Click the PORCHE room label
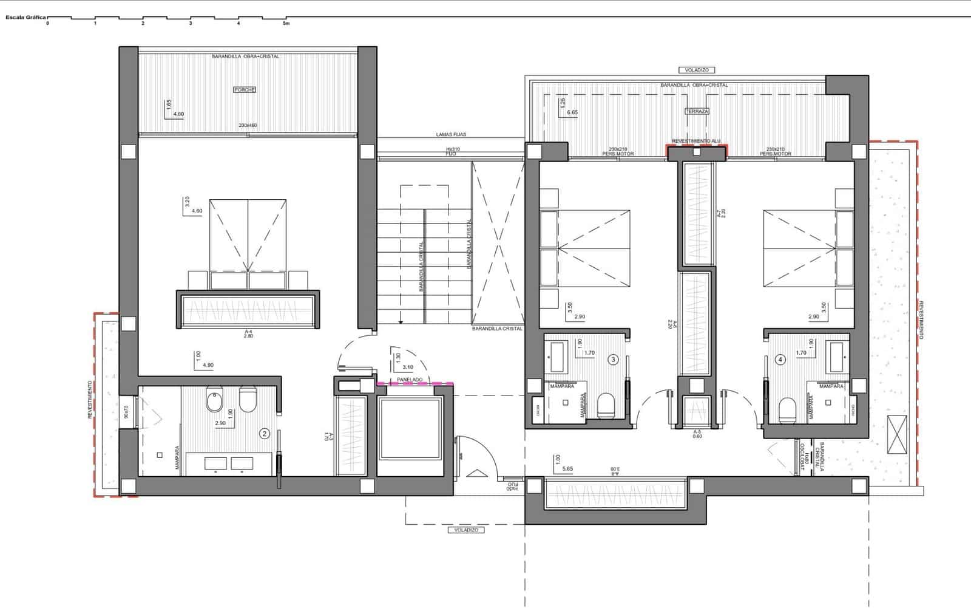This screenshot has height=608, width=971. [244, 90]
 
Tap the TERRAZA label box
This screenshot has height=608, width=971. [697, 112]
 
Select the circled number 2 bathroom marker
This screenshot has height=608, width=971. [265, 434]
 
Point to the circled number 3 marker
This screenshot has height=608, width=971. [613, 360]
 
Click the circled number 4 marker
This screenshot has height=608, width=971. [780, 360]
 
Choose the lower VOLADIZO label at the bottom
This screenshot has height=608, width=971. [466, 530]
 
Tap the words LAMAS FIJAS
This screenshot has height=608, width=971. [451, 135]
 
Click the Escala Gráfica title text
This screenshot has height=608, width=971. [25, 18]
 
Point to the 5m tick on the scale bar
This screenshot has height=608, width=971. [286, 23]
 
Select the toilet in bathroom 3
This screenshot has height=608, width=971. [606, 405]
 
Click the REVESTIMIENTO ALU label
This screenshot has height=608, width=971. [696, 142]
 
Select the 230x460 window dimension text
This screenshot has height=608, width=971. [248, 126]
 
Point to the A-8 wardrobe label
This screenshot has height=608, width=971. [615, 469]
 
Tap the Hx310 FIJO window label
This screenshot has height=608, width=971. [451, 151]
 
